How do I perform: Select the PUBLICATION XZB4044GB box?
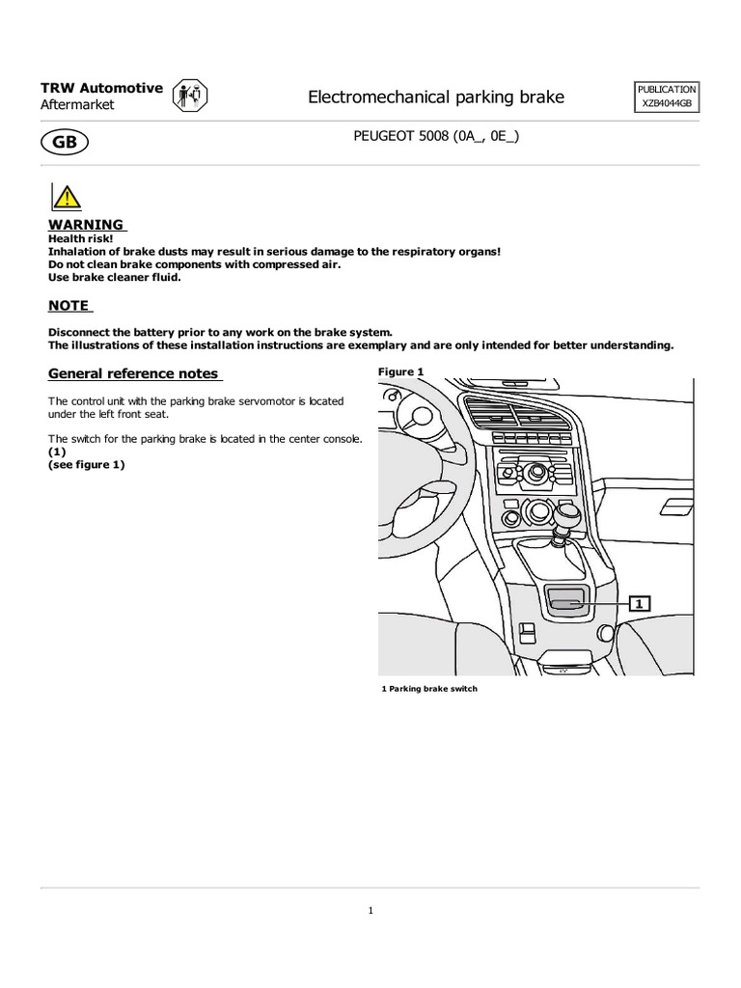coord(666,96)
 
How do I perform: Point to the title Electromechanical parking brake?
coord(435,96)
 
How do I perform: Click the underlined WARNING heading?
coord(87,225)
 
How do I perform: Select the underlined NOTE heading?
coord(69,306)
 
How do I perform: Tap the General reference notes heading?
coord(134,373)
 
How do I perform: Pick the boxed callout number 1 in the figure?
coord(640,603)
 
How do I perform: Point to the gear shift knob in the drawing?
coord(565,515)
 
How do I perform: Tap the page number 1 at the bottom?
coord(370,910)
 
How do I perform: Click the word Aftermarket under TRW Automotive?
coord(77,104)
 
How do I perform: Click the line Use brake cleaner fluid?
coord(115,277)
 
